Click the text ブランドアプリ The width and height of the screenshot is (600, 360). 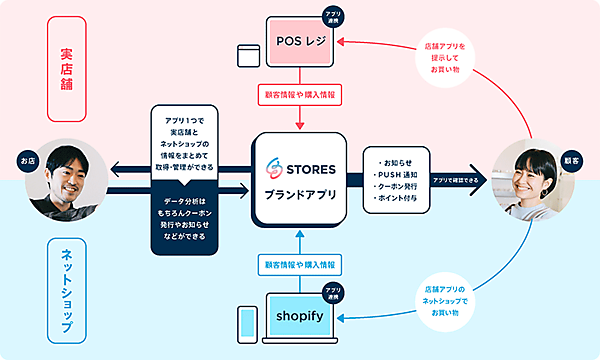pos(301,196)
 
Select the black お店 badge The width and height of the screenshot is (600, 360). pos(27,159)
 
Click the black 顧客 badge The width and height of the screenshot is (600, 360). pos(574,159)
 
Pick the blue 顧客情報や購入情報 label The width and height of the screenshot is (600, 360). pos(301,264)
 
